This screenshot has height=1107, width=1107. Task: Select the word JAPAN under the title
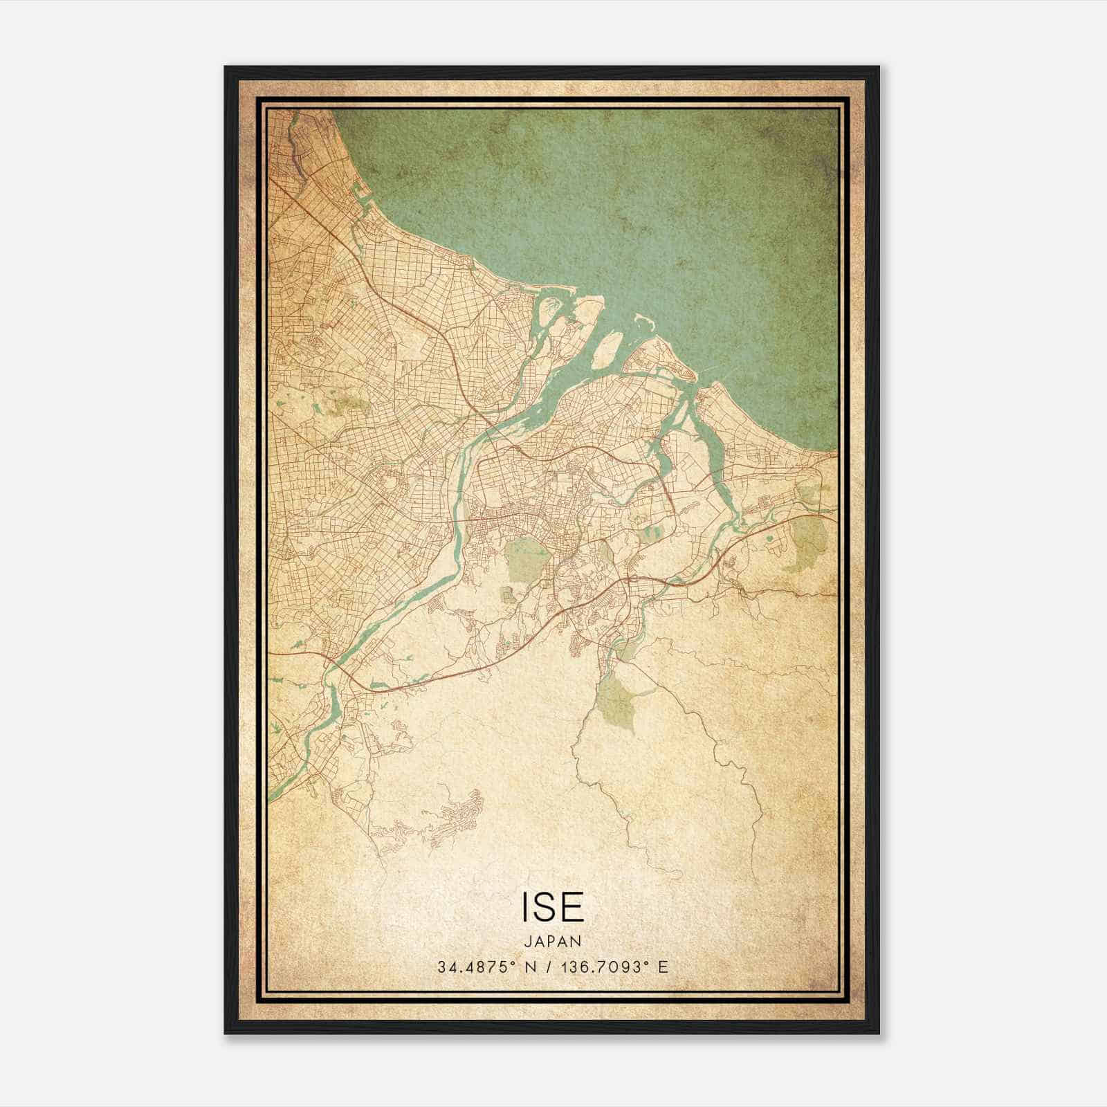552,941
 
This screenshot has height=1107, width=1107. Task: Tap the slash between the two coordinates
548,967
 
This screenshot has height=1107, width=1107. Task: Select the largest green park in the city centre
527,559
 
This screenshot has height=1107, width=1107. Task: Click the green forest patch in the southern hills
615,699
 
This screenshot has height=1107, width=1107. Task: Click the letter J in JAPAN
527,941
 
